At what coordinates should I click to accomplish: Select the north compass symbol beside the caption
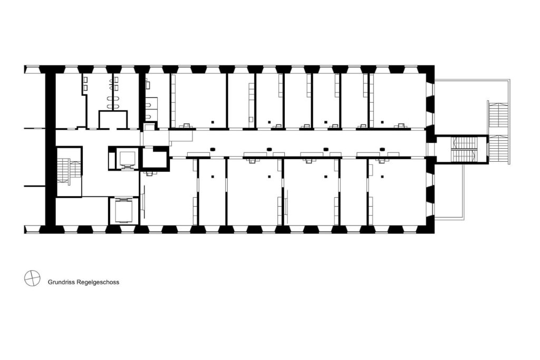[32, 278]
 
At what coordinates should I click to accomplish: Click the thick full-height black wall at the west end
[50, 149]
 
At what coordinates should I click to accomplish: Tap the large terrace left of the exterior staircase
[460, 108]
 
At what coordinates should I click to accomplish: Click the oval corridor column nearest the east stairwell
[382, 149]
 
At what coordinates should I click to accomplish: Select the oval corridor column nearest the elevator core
[213, 149]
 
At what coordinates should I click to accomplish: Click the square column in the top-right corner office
[382, 122]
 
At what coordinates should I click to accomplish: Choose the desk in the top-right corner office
[401, 126]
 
